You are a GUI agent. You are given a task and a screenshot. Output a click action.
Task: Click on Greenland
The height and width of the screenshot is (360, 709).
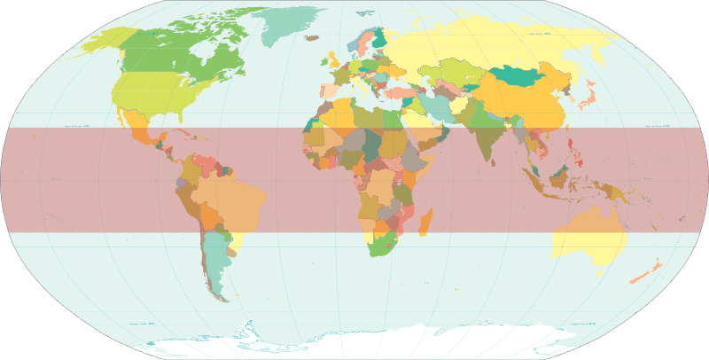[297, 27]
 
